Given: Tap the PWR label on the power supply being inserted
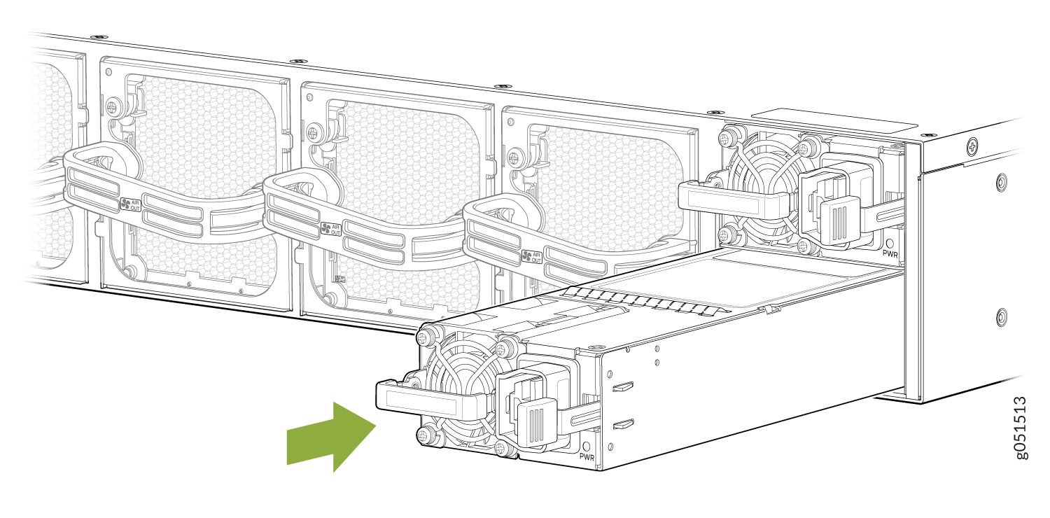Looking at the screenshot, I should (x=587, y=456).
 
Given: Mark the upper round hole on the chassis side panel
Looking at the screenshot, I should (x=1001, y=183).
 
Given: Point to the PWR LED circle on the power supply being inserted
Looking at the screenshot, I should (x=586, y=444).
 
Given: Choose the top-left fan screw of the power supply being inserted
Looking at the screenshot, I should (x=423, y=338).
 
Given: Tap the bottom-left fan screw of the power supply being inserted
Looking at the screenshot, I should (x=423, y=435).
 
